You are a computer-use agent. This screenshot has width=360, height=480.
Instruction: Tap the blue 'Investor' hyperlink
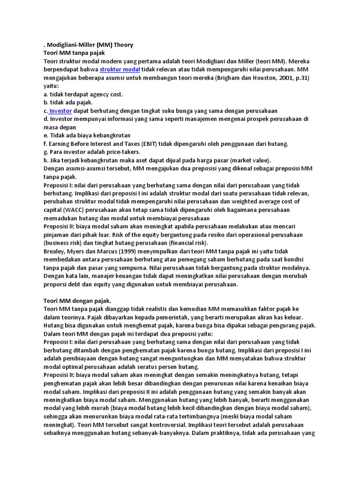[x=60, y=111]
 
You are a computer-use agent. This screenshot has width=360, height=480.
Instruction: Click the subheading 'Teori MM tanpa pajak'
[x=74, y=53]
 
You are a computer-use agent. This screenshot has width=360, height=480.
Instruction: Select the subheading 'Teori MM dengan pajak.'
[x=77, y=300]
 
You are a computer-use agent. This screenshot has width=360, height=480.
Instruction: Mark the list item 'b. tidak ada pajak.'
[x=68, y=103]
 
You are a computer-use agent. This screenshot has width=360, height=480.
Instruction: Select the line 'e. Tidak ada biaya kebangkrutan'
[x=86, y=135]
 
